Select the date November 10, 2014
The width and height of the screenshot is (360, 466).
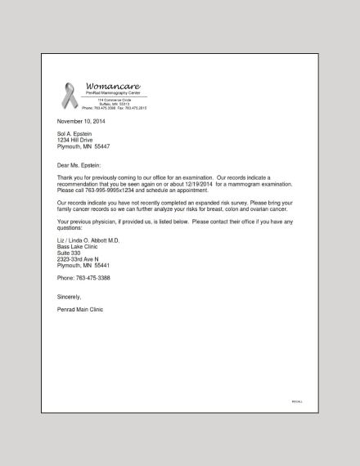point(80,121)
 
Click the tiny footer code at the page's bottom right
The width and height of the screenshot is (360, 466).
point(297,401)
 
